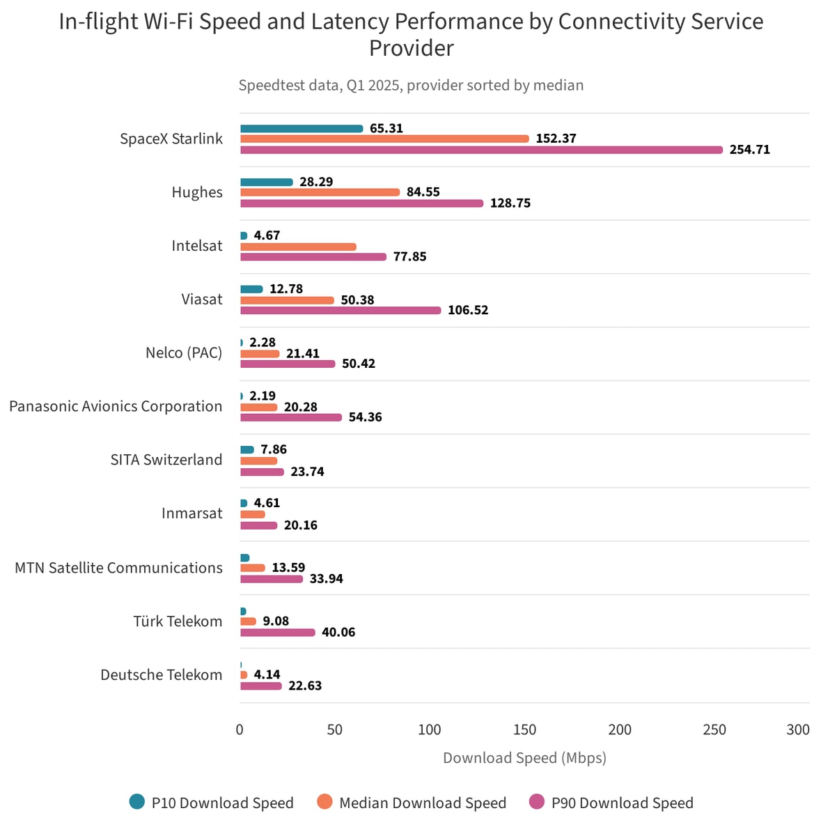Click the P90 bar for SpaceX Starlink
[x=481, y=150]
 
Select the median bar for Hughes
[x=320, y=192]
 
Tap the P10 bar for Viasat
[x=251, y=289]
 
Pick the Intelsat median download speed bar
[x=298, y=247]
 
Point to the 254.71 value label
[x=749, y=150]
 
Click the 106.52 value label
[x=467, y=310]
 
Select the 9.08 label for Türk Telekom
[x=276, y=621]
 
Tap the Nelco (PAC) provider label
[x=184, y=353]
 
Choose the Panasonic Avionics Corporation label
[x=116, y=406]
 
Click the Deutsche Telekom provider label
[x=162, y=674]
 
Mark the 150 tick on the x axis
[x=524, y=729]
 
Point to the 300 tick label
[x=798, y=729]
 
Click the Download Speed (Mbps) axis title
[x=524, y=758]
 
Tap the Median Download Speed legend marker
[x=325, y=802]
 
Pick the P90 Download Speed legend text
[x=622, y=803]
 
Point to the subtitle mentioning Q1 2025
[x=411, y=85]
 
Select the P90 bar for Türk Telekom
[x=278, y=633]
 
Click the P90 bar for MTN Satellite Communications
[x=272, y=579]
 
